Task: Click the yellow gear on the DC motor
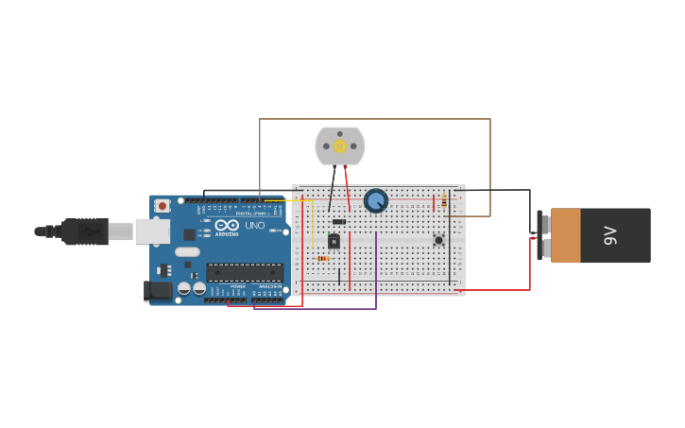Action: point(340,146)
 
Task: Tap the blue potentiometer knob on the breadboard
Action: point(376,200)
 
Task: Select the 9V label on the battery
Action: point(610,235)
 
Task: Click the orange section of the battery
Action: point(566,235)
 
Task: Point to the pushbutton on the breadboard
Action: point(438,240)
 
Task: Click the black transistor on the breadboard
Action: point(334,241)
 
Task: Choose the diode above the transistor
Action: point(339,221)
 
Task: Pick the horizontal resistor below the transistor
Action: point(323,258)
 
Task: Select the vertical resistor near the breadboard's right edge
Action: point(444,201)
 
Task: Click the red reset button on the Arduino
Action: point(163,205)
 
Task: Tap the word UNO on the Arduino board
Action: point(255,226)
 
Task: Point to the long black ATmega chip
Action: point(245,272)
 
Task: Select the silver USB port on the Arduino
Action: point(151,231)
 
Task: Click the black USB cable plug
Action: point(85,231)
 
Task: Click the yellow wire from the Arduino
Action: point(312,222)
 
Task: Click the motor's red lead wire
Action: point(347,185)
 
